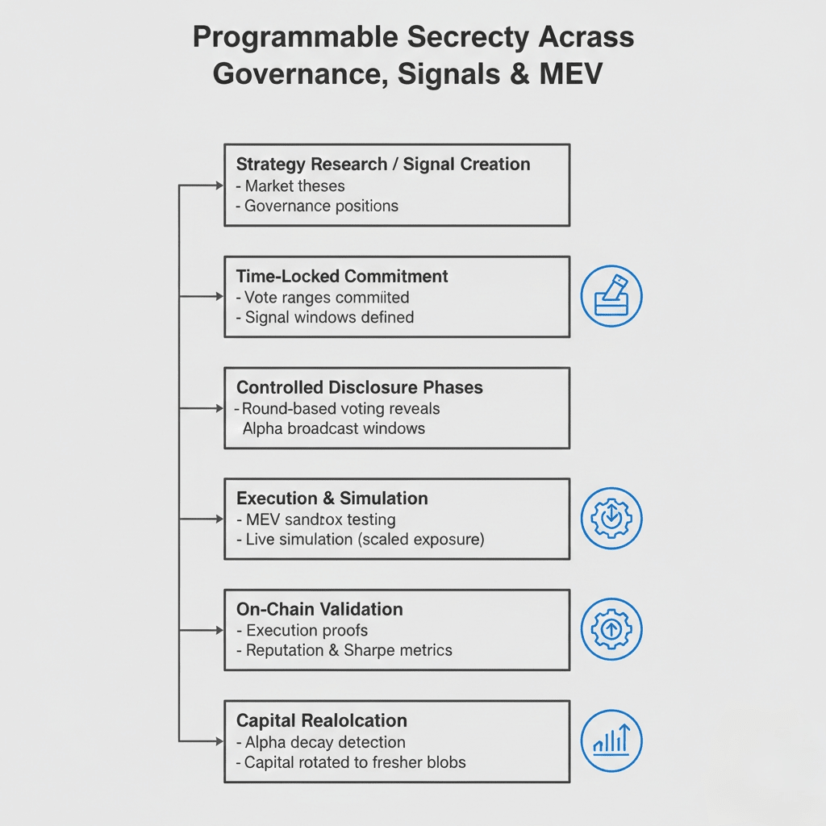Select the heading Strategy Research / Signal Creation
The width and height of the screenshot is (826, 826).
[383, 165]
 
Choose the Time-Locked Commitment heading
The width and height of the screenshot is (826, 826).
[342, 276]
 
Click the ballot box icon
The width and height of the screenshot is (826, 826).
[611, 296]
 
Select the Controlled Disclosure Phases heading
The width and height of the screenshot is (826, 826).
[360, 387]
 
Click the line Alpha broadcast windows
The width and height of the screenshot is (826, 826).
[334, 428]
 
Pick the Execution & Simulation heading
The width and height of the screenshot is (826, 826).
[332, 498]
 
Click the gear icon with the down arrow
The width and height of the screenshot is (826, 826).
[611, 519]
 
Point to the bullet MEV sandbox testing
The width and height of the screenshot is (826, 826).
[320, 519]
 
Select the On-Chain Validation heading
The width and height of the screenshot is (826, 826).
[319, 609]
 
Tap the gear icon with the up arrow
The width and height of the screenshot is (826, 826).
[611, 630]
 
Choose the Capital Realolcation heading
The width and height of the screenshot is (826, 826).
[322, 720]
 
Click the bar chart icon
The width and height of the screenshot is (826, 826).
[611, 740]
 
